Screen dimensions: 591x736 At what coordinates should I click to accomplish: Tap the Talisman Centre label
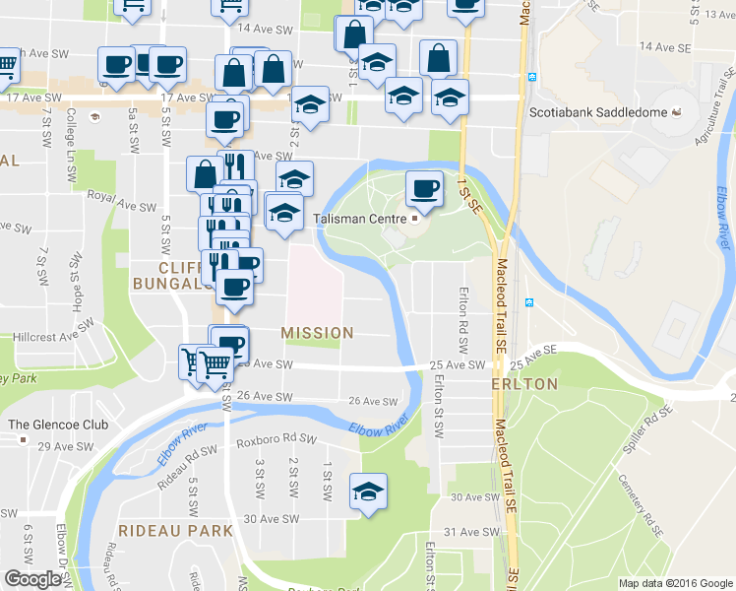[x=359, y=218]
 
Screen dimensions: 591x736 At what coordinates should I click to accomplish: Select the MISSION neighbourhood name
[x=317, y=333]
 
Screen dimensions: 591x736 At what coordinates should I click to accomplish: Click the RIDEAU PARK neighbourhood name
[x=175, y=530]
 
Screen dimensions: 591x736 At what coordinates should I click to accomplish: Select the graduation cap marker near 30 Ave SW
[x=368, y=493]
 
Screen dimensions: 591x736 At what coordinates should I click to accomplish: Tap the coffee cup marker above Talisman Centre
[x=424, y=188]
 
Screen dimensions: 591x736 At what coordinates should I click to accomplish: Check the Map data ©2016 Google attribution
[x=674, y=583]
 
